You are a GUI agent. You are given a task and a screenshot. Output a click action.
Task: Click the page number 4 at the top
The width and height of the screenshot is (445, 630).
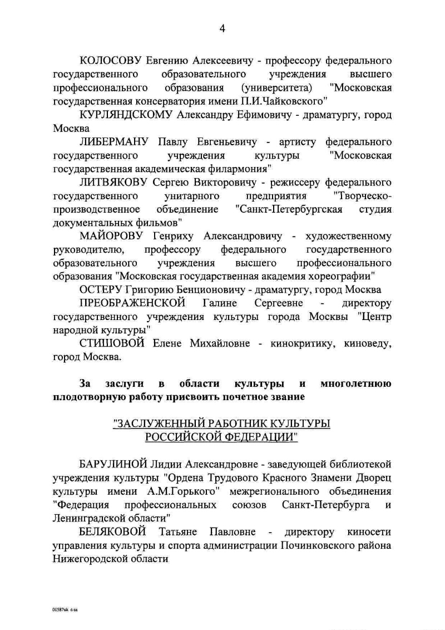pos(222,29)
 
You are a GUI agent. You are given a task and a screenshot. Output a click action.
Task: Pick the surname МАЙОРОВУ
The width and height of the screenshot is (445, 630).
pos(111,235)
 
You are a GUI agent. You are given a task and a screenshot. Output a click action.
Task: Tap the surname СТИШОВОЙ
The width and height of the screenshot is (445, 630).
pos(112,343)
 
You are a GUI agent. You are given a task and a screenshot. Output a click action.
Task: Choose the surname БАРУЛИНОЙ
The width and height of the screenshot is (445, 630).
pos(113,464)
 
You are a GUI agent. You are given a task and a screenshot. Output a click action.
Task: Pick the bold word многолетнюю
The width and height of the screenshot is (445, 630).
pos(356,384)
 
